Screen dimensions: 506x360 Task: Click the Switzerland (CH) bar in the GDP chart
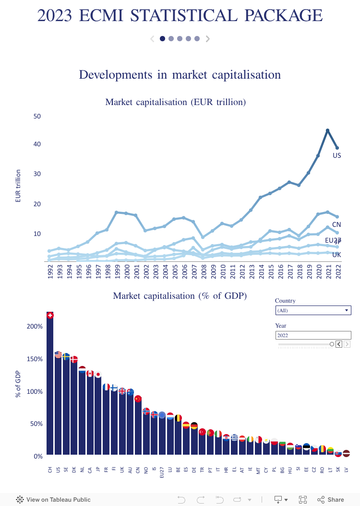click(50, 384)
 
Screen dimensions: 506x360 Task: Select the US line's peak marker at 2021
click(327, 130)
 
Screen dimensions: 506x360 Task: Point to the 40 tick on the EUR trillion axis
click(37, 144)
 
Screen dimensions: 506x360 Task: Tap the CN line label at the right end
click(336, 224)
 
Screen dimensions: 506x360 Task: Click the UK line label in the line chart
click(336, 255)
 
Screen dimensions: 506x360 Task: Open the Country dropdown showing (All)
click(313, 310)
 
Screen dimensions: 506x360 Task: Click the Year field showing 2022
click(313, 335)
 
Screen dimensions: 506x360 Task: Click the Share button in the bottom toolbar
click(331, 500)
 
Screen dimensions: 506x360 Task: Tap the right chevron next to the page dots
click(208, 39)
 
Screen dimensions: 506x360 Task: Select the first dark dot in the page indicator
click(163, 39)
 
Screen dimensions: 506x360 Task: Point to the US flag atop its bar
click(58, 354)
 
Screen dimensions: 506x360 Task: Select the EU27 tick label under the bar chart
click(162, 472)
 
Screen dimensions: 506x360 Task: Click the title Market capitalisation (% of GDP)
click(180, 296)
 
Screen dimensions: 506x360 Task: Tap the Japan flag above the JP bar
click(98, 375)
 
